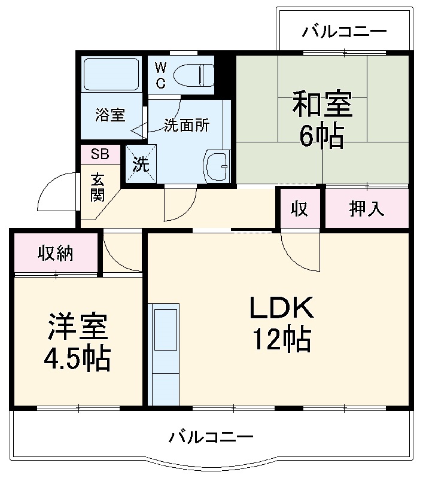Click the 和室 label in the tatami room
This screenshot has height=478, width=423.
(x=321, y=105)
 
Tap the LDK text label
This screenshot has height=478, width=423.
(x=281, y=309)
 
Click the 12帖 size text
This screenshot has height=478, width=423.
(x=281, y=340)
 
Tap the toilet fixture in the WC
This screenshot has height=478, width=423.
(x=194, y=75)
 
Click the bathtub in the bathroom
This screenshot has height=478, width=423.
(x=112, y=74)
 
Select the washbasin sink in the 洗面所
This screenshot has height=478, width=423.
(x=217, y=165)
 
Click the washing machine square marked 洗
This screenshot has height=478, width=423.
(x=140, y=164)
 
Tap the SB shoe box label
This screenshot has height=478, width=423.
(x=100, y=154)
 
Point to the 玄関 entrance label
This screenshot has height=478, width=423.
(x=98, y=187)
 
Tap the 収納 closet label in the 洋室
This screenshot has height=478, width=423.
(x=56, y=253)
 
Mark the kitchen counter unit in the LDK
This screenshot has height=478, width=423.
(x=165, y=353)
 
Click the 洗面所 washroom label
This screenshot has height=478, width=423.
(x=187, y=126)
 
